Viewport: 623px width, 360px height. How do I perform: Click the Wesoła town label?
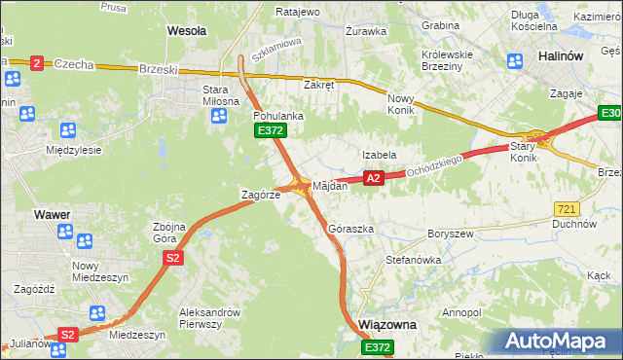click(187, 31)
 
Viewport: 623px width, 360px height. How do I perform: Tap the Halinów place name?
click(562, 56)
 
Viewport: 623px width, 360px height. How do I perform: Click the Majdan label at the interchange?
click(330, 185)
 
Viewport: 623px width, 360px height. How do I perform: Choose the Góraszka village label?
click(351, 229)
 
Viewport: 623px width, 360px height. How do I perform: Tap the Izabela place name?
click(379, 155)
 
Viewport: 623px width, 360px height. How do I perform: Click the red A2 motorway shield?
click(372, 178)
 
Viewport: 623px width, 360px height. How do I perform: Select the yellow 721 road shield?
click(567, 209)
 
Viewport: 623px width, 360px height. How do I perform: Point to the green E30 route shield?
click(610, 117)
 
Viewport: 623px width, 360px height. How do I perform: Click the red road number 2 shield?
click(37, 63)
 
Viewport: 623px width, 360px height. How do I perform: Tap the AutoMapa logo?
click(560, 342)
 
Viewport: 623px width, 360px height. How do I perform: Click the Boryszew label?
click(450, 234)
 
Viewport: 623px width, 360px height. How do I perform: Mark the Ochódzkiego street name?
click(435, 162)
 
